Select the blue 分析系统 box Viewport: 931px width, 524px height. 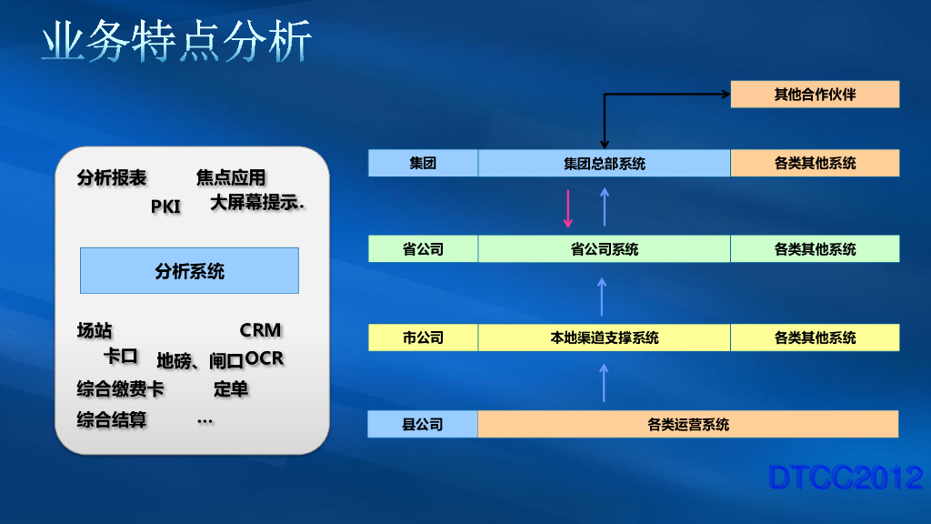pyautogui.click(x=189, y=270)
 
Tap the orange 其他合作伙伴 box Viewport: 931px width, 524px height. pyautogui.click(x=815, y=94)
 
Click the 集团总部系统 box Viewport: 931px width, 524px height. pyautogui.click(x=604, y=164)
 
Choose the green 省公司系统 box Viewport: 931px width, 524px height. pyautogui.click(x=604, y=249)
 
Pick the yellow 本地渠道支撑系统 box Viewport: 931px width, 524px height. pyautogui.click(x=604, y=338)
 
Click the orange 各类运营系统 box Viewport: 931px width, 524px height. pyautogui.click(x=687, y=424)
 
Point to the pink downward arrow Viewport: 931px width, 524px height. pyautogui.click(x=568, y=208)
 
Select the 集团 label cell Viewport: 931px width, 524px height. pyautogui.click(x=423, y=164)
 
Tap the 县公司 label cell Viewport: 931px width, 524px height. pyautogui.click(x=423, y=424)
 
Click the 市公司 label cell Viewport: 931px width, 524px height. pyautogui.click(x=423, y=338)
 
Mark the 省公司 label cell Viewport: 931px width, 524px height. pyautogui.click(x=423, y=249)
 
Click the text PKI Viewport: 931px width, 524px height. pyautogui.click(x=165, y=207)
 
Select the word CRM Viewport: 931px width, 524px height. pyautogui.click(x=261, y=330)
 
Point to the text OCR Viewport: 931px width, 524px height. pyautogui.click(x=265, y=359)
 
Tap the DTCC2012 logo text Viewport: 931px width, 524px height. pyautogui.click(x=846, y=478)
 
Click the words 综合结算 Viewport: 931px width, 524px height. pyautogui.click(x=112, y=420)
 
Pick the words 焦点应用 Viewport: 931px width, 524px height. pyautogui.click(x=231, y=177)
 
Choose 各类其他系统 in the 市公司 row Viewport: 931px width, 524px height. pyautogui.click(x=815, y=338)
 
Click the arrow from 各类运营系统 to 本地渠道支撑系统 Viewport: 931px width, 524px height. pyautogui.click(x=603, y=382)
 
